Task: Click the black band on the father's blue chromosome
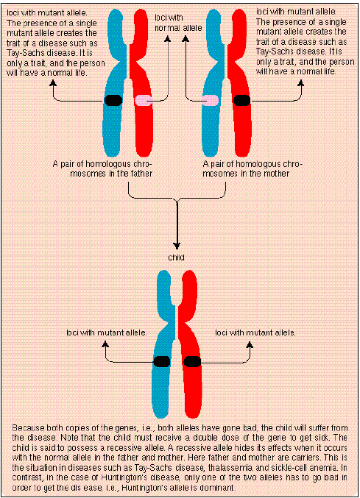(113, 100)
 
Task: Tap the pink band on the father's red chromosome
(144, 100)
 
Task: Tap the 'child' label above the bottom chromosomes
(177, 258)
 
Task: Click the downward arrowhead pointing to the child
(177, 246)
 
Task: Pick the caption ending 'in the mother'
(252, 168)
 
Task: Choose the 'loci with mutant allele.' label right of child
(256, 333)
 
